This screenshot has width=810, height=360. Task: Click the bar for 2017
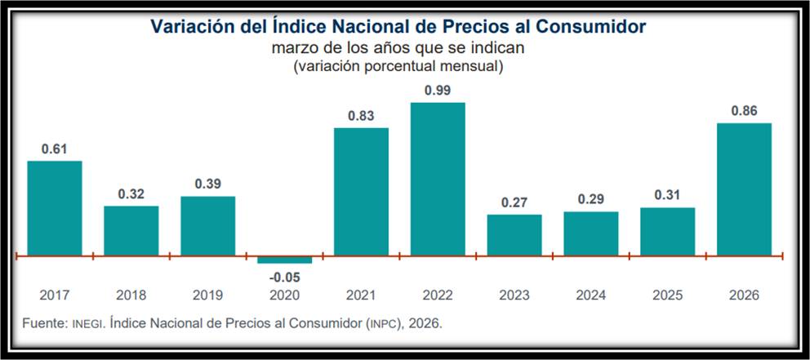55,208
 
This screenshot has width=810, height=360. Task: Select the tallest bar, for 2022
438,179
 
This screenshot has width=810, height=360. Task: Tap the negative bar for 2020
284,260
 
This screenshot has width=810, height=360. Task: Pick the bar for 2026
744,189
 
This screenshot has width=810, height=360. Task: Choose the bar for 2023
514,235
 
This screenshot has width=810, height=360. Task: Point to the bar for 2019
207,226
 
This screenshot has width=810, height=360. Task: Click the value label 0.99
438,90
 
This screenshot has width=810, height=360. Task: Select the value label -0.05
284,276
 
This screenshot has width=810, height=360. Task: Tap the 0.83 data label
361,116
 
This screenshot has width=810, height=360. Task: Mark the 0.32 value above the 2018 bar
131,194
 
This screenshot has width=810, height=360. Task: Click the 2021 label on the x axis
361,296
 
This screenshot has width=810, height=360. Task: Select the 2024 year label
591,296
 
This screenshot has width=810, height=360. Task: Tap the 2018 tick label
131,296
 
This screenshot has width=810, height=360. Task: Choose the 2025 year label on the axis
667,296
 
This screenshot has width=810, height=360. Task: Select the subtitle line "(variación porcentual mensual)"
398,65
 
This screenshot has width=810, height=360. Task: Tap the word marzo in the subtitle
291,47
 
